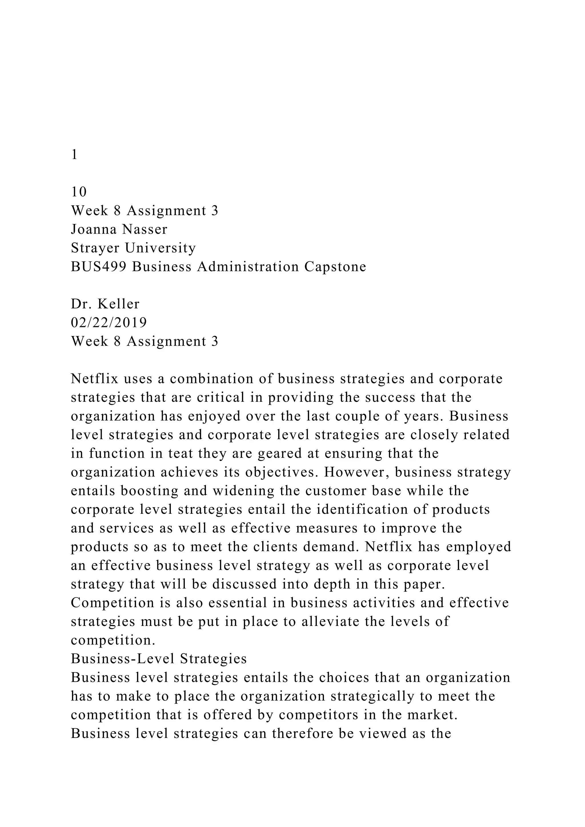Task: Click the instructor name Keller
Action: (119, 304)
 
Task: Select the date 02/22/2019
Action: (109, 323)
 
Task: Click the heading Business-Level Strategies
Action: (159, 659)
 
